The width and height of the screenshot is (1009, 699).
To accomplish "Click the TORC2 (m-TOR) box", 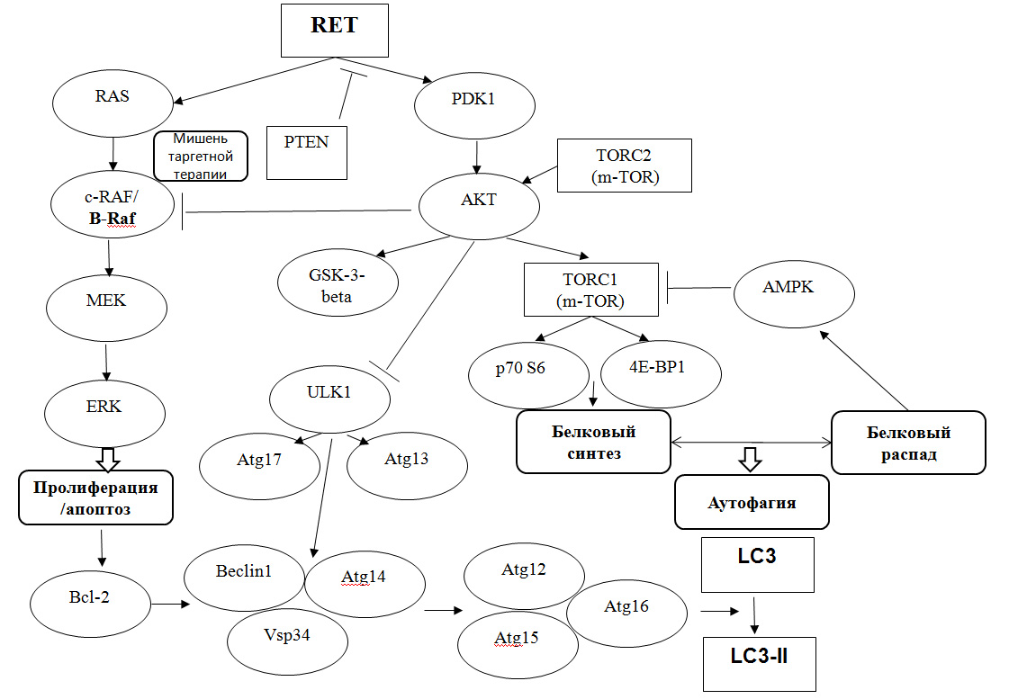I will [625, 165].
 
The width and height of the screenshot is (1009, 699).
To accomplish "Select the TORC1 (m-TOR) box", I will [590, 290].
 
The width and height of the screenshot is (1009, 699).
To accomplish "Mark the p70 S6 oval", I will [529, 371].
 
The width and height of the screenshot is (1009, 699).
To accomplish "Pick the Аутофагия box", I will [751, 501].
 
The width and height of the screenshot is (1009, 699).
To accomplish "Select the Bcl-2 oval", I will [90, 605].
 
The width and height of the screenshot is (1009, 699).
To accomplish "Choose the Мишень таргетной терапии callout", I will [200, 156].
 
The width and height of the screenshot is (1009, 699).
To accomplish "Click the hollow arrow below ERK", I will [108, 458].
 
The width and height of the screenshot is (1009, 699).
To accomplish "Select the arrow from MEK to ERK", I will [107, 362].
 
